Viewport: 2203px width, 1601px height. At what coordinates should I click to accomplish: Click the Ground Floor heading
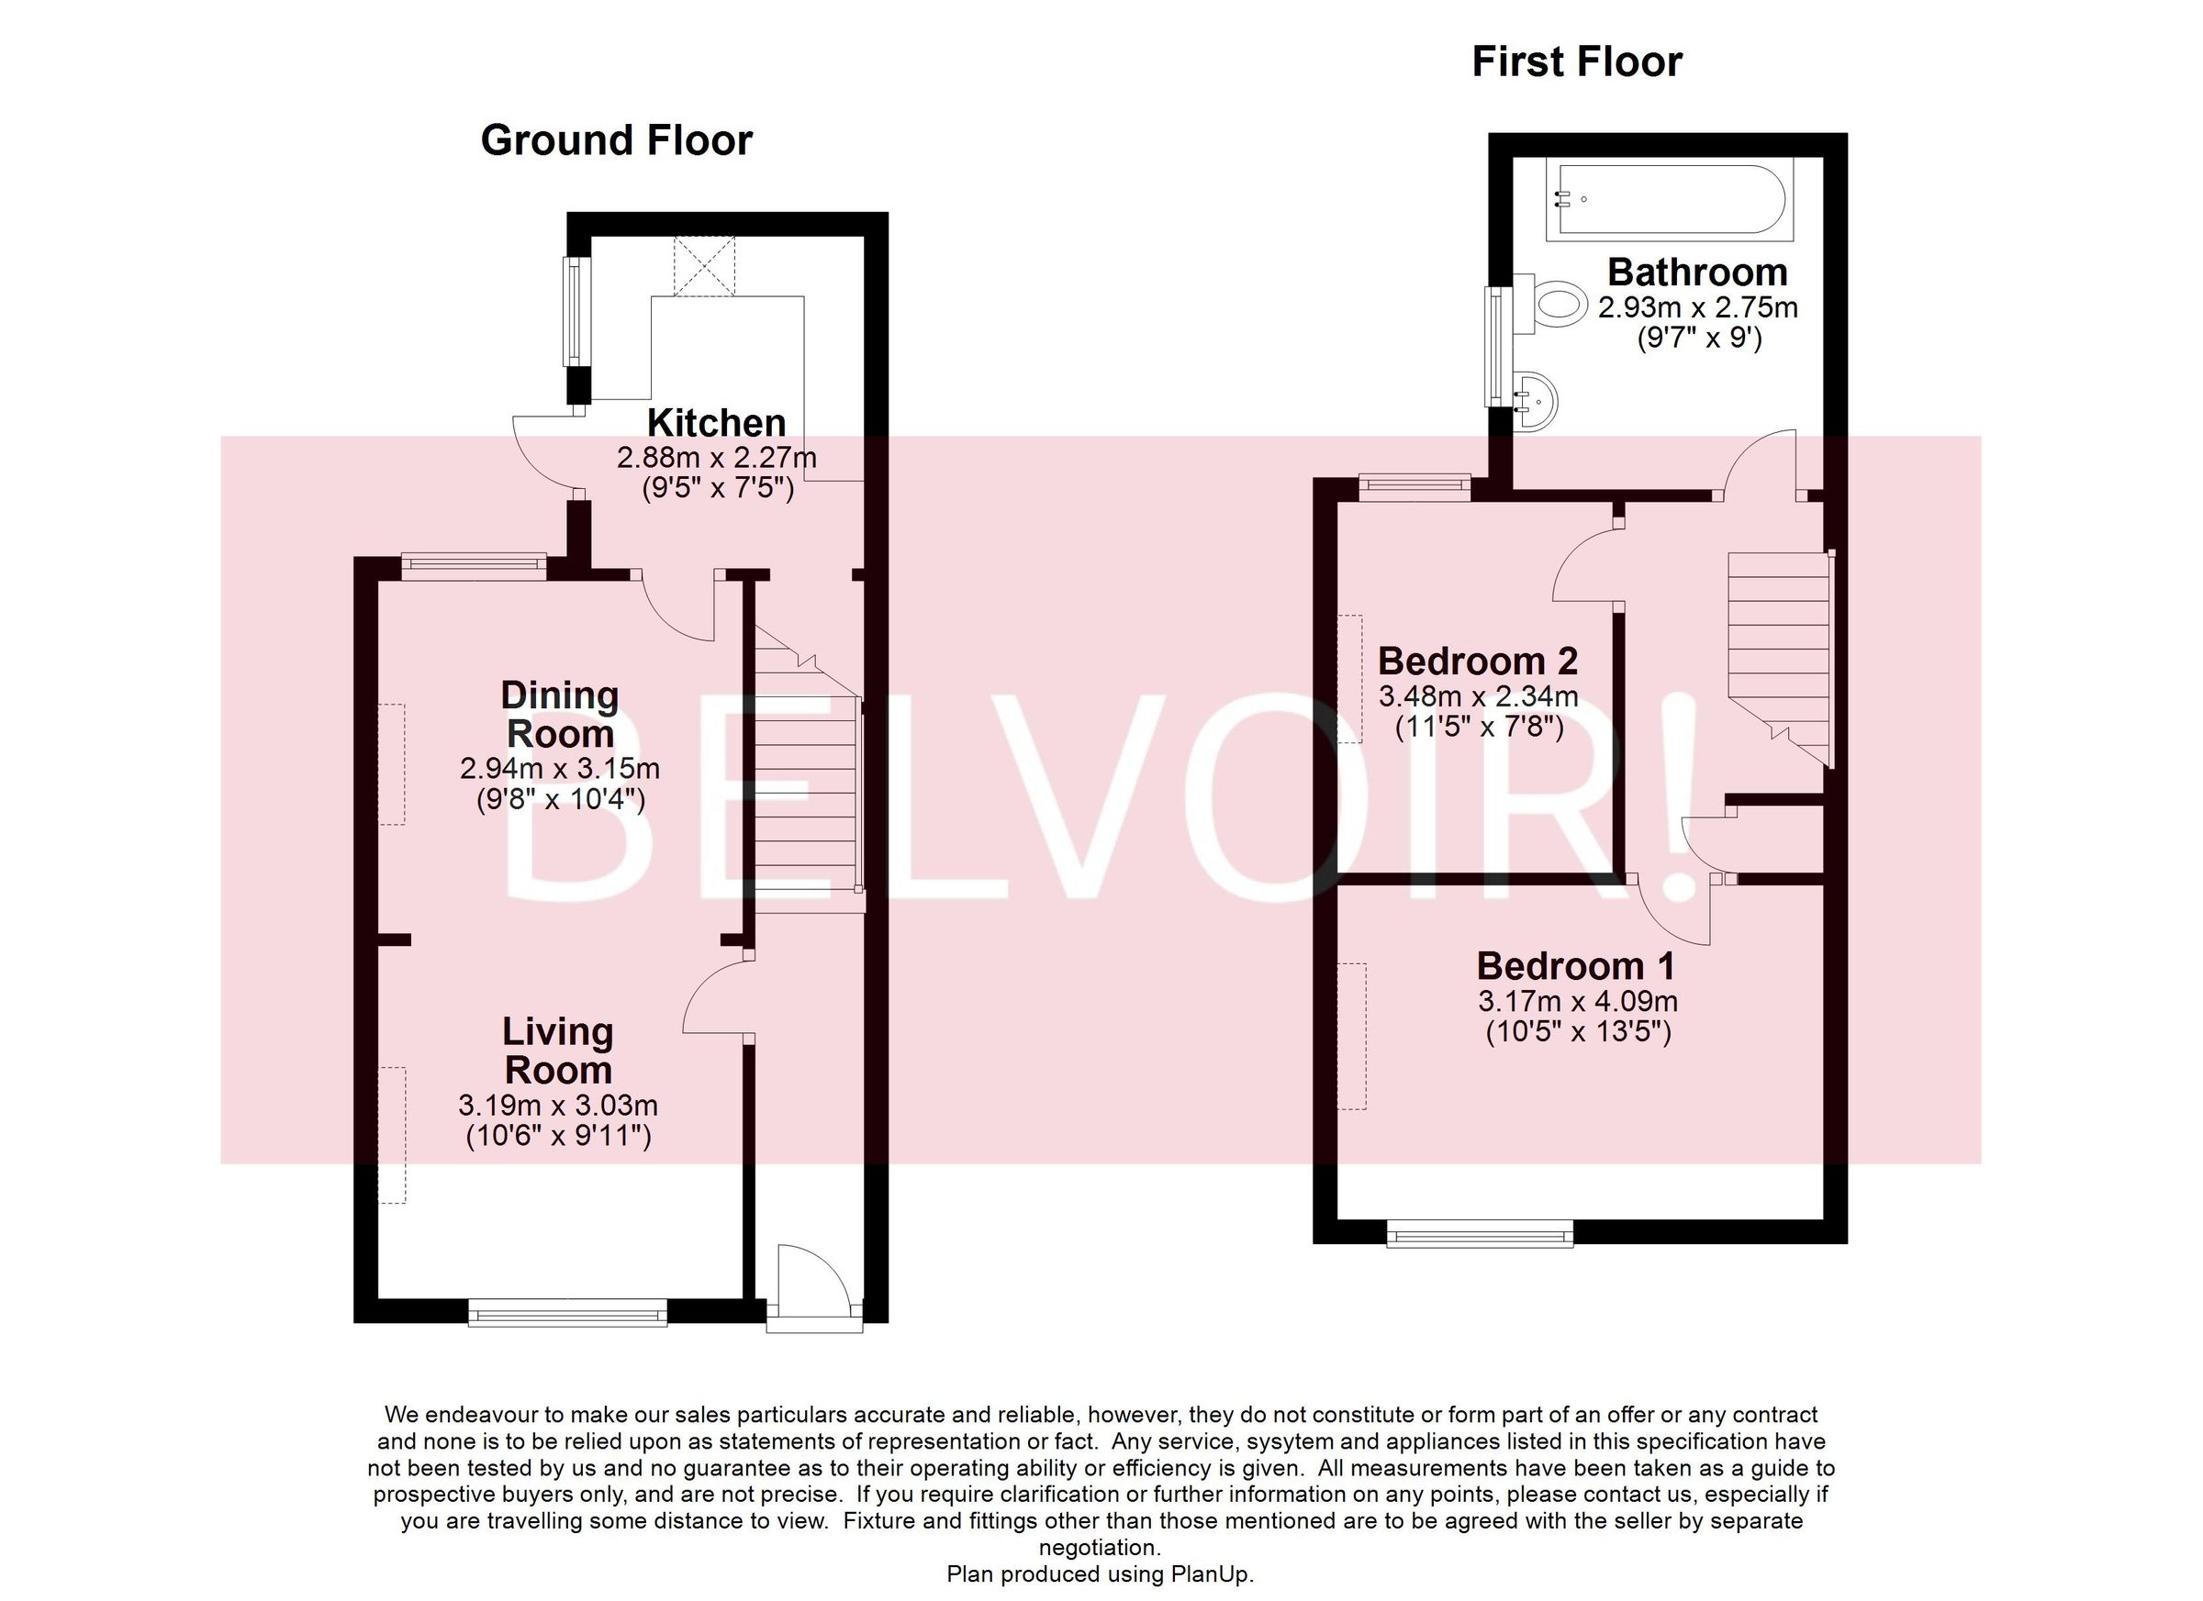616,140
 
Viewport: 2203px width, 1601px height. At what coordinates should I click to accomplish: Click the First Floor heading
1576,62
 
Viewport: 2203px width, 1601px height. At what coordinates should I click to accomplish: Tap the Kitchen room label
716,423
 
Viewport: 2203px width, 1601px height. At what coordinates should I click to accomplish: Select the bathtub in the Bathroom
1669,200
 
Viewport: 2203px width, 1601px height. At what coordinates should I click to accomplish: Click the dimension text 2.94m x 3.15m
560,769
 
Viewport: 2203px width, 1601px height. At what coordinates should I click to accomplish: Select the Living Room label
557,1051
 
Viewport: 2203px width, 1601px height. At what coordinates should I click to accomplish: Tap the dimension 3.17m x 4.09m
1578,1001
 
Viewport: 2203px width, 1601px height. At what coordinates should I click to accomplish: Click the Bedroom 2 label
1478,662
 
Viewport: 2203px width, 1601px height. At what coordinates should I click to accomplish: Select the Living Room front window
568,1314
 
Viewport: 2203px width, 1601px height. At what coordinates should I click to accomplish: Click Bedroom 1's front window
1480,1234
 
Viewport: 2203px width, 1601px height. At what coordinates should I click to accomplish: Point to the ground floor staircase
807,777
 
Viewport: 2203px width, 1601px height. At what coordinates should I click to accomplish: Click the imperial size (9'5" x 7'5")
718,488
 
